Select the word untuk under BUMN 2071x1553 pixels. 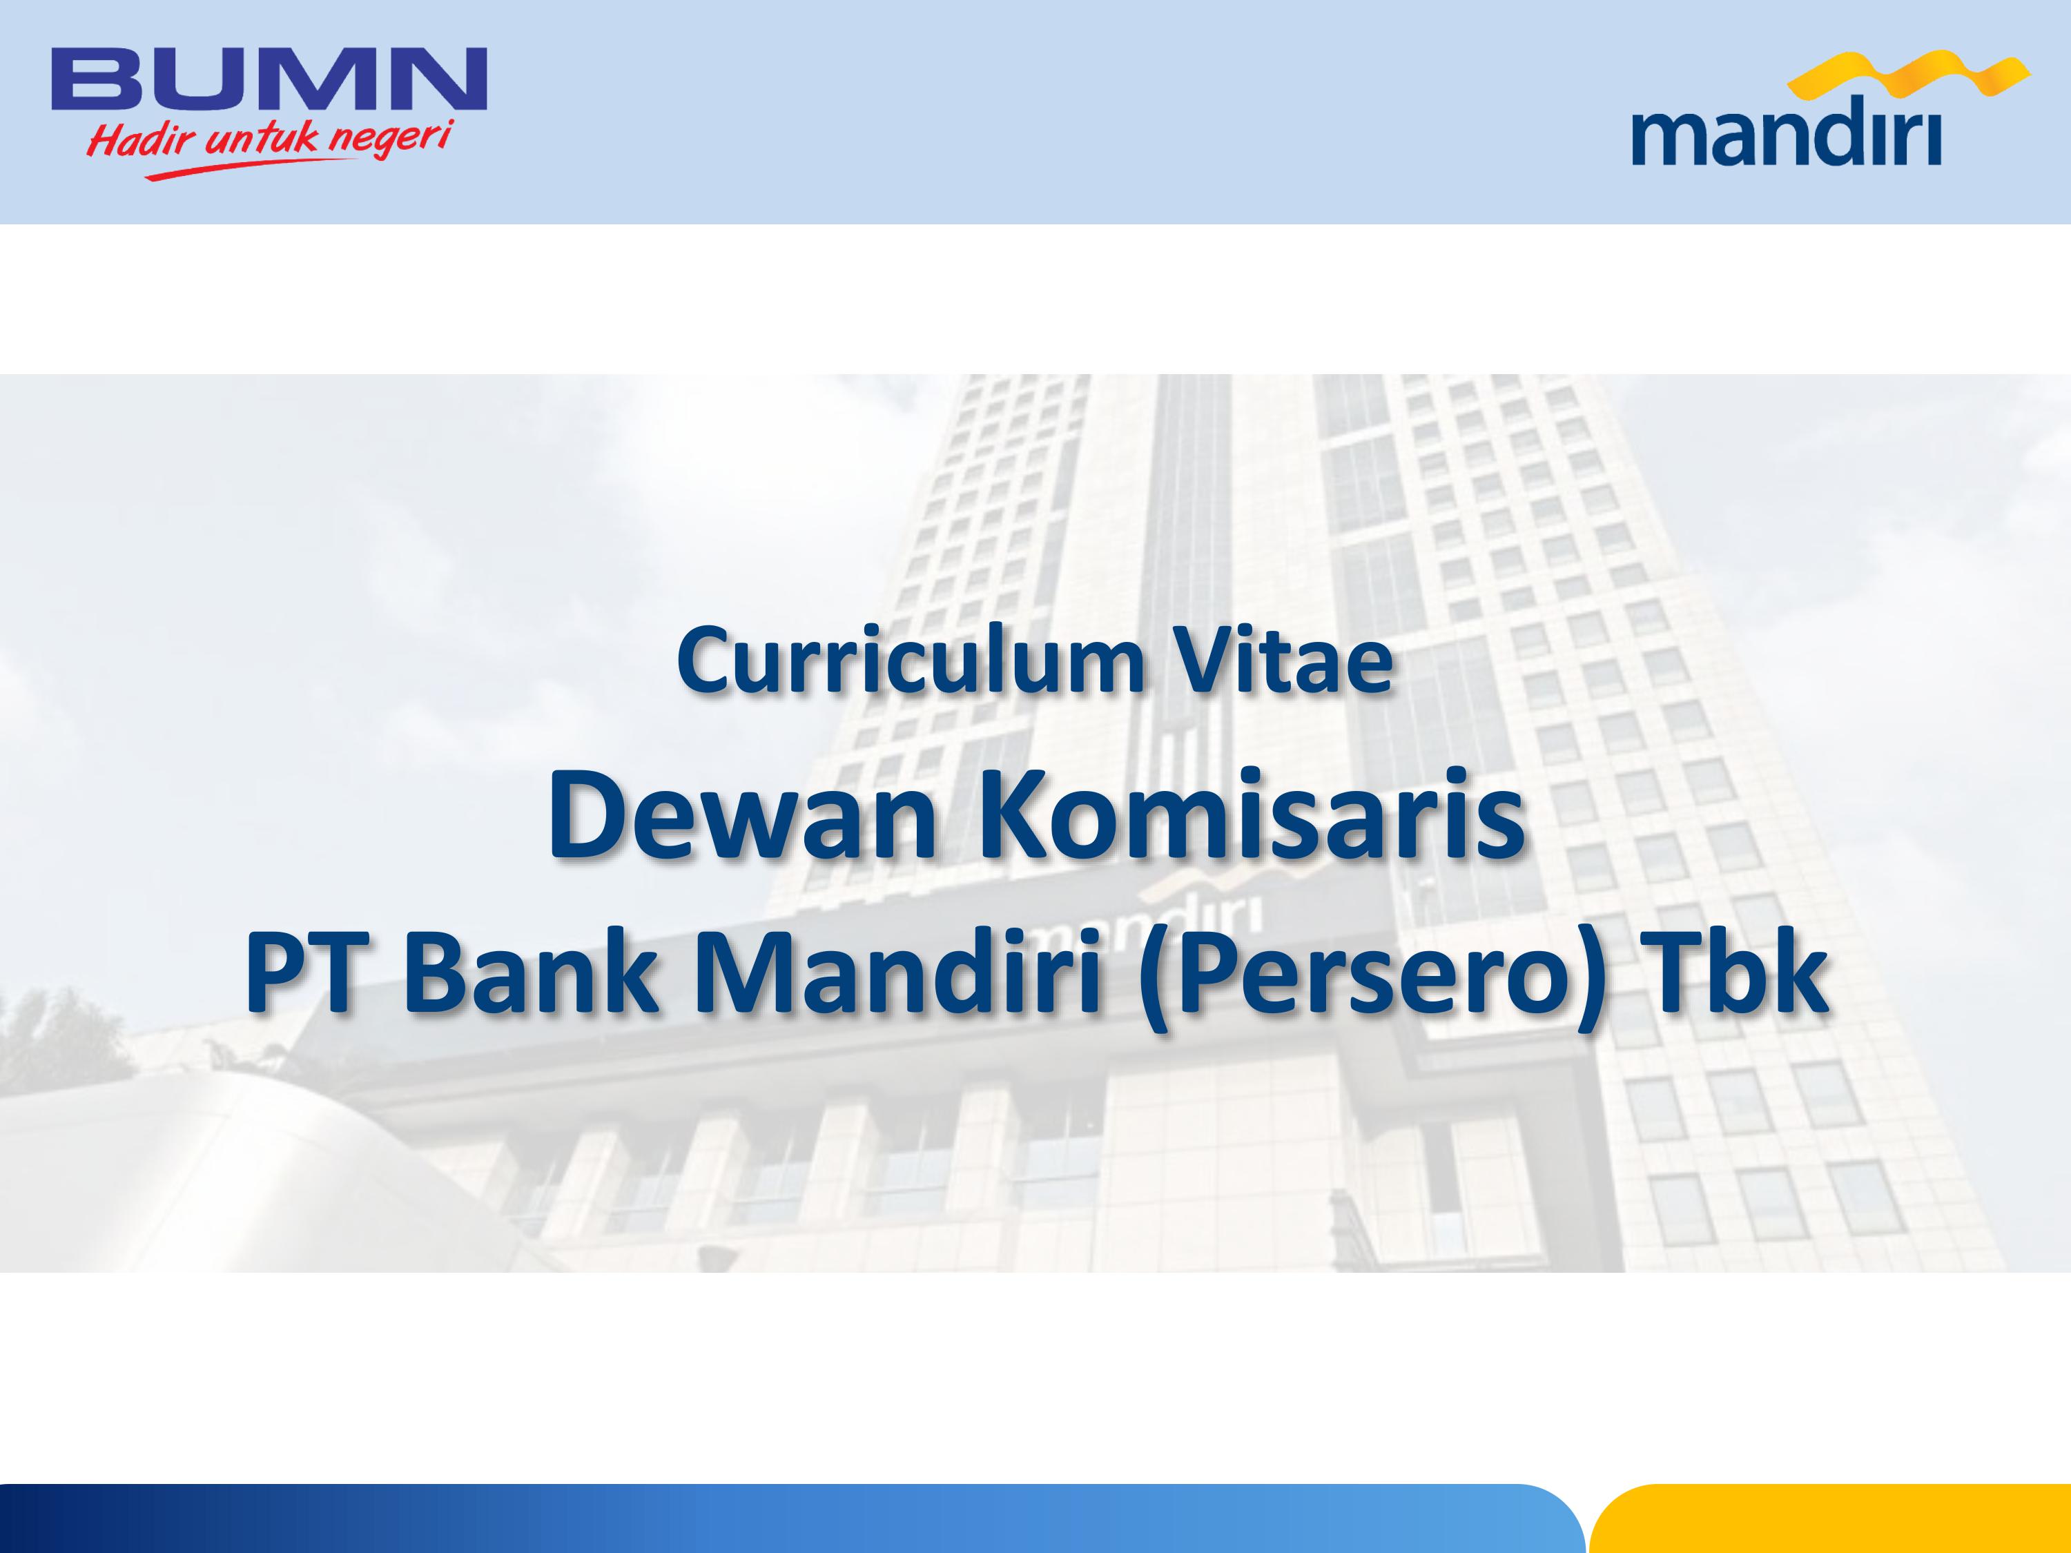pyautogui.click(x=261, y=139)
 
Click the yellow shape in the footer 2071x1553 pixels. pyautogui.click(x=1829, y=1518)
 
